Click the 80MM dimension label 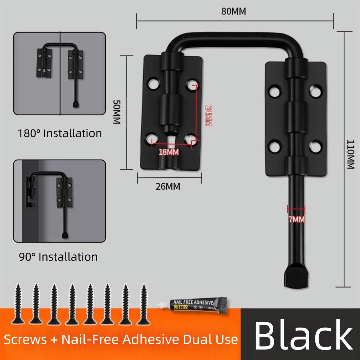click(x=234, y=12)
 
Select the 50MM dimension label click(x=116, y=112)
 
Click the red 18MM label click(x=169, y=152)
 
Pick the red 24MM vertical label click(x=208, y=116)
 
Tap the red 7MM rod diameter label click(x=296, y=219)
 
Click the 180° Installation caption click(x=60, y=133)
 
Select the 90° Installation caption click(x=58, y=257)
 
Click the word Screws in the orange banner click(x=26, y=339)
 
